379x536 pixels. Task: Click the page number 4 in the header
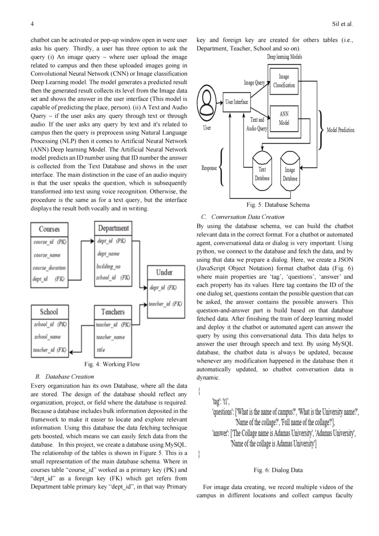pyautogui.click(x=32, y=24)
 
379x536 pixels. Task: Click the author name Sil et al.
pyautogui.click(x=342, y=24)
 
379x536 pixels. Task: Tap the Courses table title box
pyautogui.click(x=49, y=230)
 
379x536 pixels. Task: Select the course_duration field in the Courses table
pyautogui.click(x=49, y=268)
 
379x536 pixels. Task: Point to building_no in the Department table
pyautogui.click(x=108, y=266)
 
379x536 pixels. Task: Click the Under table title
pyautogui.click(x=164, y=272)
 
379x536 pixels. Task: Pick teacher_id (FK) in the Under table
pyautogui.click(x=165, y=304)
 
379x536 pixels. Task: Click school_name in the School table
pyautogui.click(x=48, y=337)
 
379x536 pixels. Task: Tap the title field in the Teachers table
pyautogui.click(x=101, y=350)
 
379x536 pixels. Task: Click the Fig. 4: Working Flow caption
pyautogui.click(x=112, y=364)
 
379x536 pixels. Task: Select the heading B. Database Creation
pyautogui.click(x=65, y=376)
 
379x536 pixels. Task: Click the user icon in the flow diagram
pyautogui.click(x=206, y=103)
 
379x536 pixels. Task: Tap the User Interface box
pyautogui.click(x=237, y=102)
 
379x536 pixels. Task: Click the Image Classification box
pyautogui.click(x=284, y=81)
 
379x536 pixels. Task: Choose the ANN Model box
pyautogui.click(x=284, y=119)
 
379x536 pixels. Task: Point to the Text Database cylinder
pyautogui.click(x=262, y=171)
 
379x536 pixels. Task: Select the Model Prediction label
pyautogui.click(x=341, y=130)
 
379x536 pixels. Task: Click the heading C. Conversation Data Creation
pyautogui.click(x=243, y=217)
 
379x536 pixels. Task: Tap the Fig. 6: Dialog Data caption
pyautogui.click(x=278, y=470)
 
